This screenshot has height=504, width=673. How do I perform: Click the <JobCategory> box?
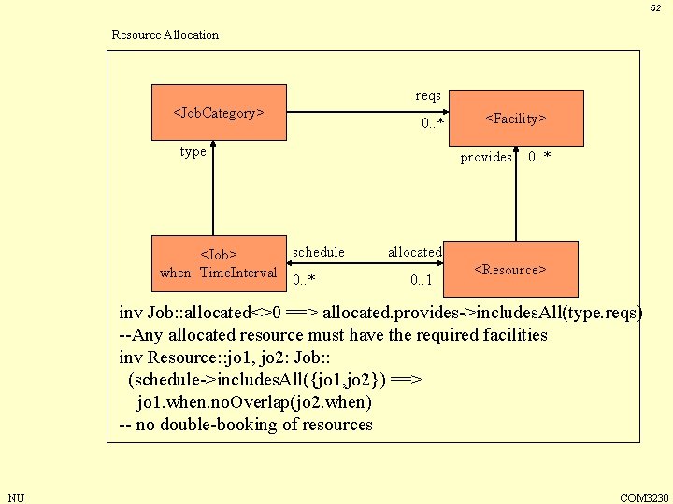(219, 113)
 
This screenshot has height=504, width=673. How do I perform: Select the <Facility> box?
(516, 119)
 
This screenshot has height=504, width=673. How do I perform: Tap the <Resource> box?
(510, 269)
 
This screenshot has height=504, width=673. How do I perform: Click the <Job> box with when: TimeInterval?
(219, 263)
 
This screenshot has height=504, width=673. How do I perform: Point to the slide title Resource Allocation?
(165, 35)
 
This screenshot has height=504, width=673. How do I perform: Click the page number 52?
(655, 8)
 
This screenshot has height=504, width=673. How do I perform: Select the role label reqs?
(428, 96)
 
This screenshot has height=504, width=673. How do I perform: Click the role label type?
(193, 152)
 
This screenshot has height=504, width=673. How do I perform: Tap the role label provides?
(485, 157)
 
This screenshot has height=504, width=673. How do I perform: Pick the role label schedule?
(318, 252)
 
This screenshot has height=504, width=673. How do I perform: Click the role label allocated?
(415, 252)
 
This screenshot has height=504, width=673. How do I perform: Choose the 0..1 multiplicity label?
(421, 280)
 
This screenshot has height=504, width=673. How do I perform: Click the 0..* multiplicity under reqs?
(432, 123)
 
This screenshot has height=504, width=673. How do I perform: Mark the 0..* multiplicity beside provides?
(539, 157)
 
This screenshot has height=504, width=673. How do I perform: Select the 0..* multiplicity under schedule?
(304, 280)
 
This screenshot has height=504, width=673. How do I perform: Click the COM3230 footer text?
(644, 497)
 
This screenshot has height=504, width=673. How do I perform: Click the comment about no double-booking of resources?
(246, 425)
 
